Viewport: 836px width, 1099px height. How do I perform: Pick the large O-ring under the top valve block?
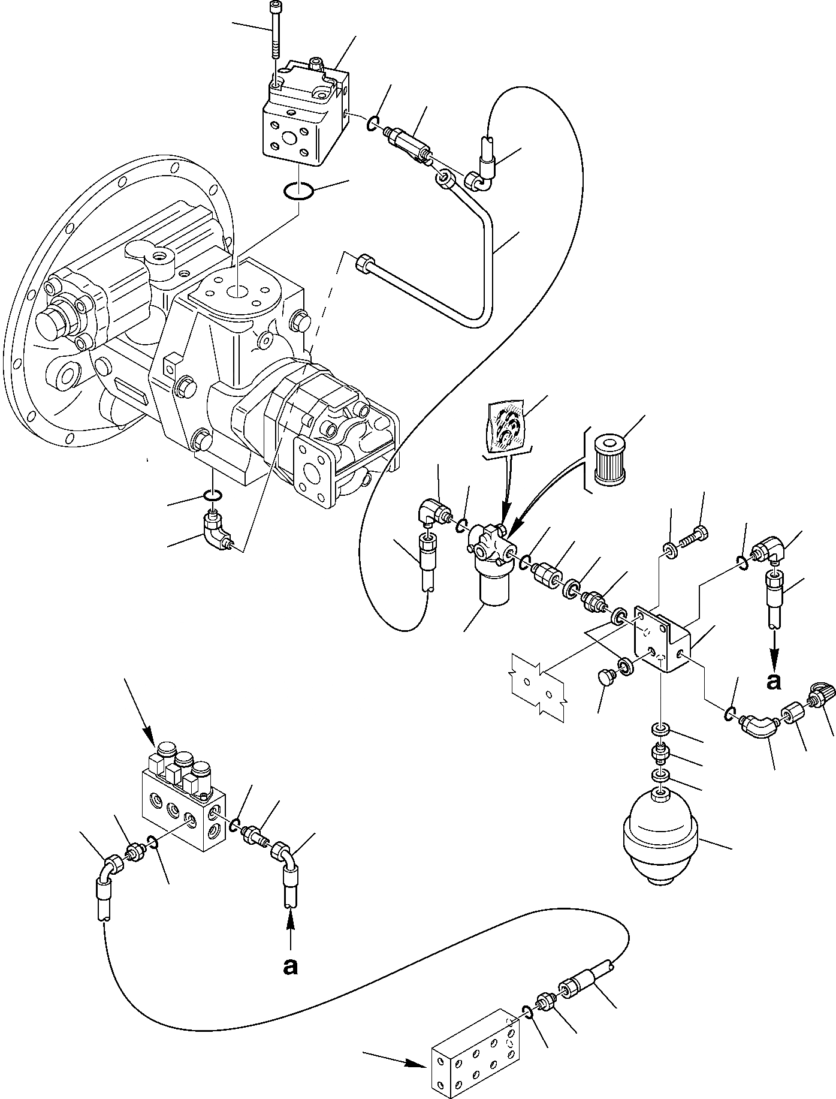(297, 192)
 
